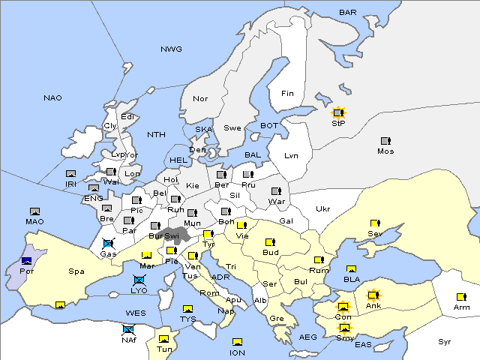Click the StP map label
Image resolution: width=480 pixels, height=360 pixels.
coord(338,123)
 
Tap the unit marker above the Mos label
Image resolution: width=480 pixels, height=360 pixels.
coord(385,141)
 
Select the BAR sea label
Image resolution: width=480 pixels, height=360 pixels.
coord(348,12)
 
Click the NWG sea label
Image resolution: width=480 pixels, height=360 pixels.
coord(171,49)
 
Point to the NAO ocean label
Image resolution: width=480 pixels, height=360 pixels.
coord(52,98)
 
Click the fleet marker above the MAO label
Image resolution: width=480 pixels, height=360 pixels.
coord(34,212)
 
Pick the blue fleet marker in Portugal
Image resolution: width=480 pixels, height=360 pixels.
coord(27,260)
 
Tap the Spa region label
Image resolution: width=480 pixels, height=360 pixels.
coord(76,271)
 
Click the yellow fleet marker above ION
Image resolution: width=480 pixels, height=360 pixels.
coord(237,342)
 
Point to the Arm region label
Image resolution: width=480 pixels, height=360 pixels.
coord(462,307)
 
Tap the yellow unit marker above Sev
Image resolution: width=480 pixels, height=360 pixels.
coord(374,223)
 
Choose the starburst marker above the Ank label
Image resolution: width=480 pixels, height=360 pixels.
coord(373,295)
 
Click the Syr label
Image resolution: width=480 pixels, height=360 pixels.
coord(445,341)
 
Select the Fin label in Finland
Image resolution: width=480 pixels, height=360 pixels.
coord(287,94)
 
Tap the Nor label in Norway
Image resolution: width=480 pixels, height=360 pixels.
coord(200,99)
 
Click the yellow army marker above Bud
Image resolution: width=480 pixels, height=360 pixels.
coord(270,242)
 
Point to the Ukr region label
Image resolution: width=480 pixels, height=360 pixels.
coord(323,208)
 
